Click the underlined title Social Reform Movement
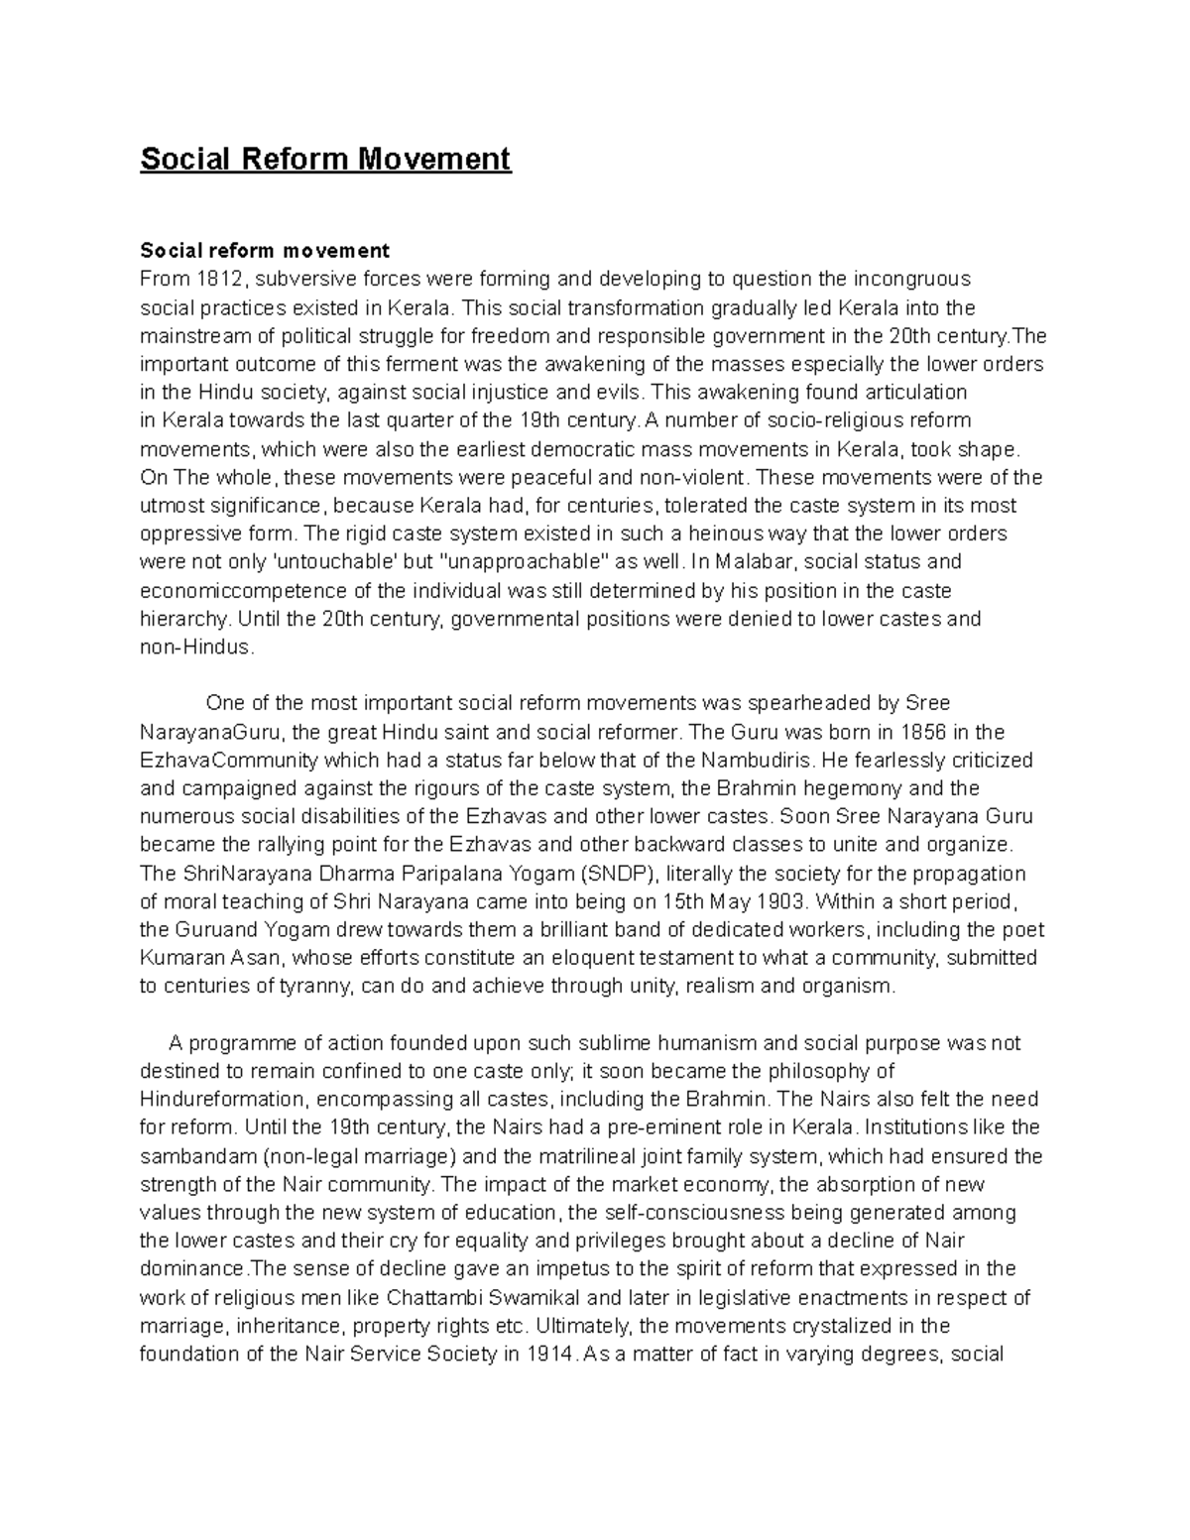(325, 159)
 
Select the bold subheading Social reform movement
(265, 250)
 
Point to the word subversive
(303, 279)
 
